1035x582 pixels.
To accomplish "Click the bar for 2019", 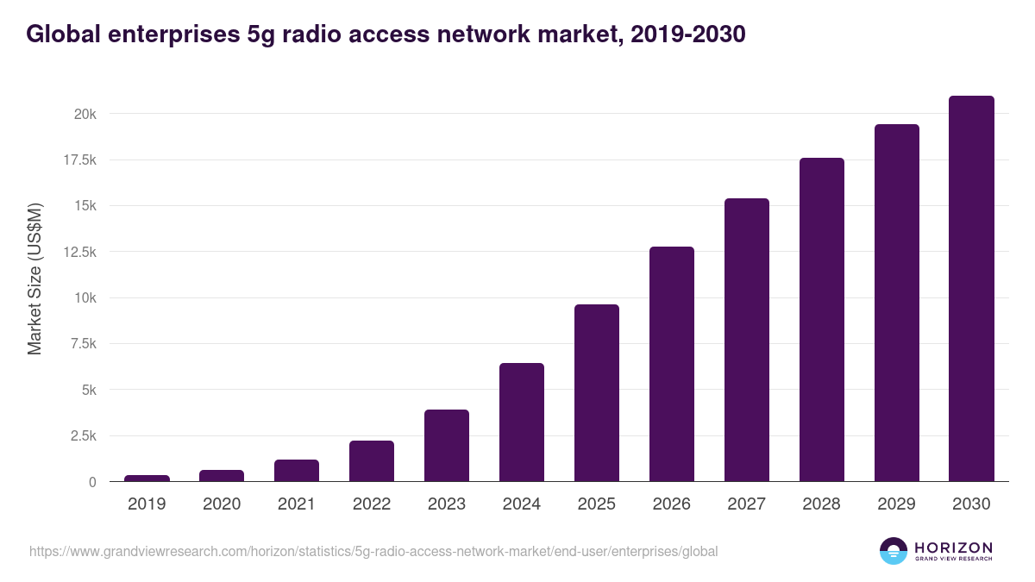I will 147,479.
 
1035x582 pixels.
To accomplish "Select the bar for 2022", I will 372,461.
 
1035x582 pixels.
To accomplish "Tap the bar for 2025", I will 597,393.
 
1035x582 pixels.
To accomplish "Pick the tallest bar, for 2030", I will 971,289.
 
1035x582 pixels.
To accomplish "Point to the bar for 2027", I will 747,340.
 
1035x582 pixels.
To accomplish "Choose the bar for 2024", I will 522,422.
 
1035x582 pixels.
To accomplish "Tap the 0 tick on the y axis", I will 91,482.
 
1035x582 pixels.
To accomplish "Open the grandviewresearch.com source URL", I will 373,551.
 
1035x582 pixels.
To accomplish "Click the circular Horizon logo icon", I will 894,551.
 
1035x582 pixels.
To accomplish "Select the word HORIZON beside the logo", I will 953,547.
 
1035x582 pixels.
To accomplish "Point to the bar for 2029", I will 897,303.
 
